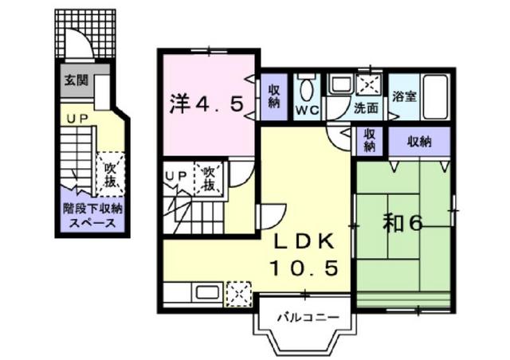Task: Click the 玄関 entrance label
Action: (76, 80)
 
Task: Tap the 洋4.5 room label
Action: (206, 104)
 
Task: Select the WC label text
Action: (307, 111)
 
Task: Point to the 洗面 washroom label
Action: (366, 108)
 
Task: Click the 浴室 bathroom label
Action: (404, 96)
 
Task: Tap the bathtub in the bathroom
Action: (435, 96)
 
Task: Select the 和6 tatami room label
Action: (402, 224)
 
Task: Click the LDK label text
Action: (304, 241)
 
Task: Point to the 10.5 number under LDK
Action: (304, 268)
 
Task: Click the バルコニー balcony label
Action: (308, 317)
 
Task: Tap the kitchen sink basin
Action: (209, 292)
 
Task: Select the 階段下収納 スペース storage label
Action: (92, 216)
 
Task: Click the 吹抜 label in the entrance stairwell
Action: (110, 175)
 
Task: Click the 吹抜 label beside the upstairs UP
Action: (209, 179)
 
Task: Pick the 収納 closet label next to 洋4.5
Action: (274, 96)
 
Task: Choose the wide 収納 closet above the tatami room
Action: (419, 142)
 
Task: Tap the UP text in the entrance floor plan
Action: (77, 119)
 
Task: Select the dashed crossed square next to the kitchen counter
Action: (239, 295)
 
